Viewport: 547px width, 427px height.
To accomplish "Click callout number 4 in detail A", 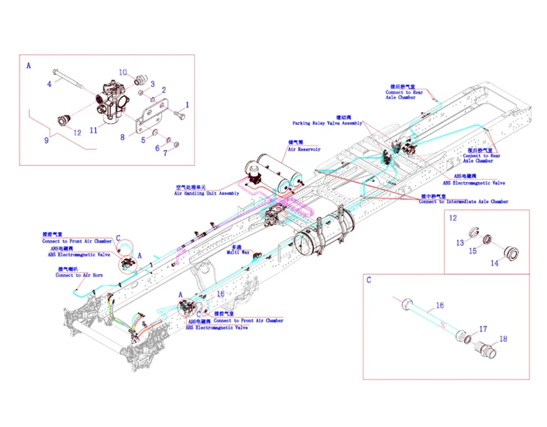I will [x=50, y=84].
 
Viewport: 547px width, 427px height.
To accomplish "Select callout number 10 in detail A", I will [x=123, y=72].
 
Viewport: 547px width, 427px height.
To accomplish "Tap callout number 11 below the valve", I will [x=93, y=130].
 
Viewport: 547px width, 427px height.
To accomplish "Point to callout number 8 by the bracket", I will [x=122, y=137].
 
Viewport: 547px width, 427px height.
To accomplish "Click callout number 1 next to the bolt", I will [x=187, y=105].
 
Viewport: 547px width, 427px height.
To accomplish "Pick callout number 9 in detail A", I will [x=47, y=139].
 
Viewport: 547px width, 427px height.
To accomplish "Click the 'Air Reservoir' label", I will [x=304, y=149].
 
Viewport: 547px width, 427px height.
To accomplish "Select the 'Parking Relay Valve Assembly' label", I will [x=327, y=123].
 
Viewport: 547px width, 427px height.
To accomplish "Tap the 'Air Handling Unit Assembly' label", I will [x=207, y=194].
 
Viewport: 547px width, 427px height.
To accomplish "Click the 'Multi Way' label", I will [x=238, y=252].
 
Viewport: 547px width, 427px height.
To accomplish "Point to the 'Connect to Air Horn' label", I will [x=79, y=275].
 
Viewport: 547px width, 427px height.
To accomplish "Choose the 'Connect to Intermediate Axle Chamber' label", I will [x=463, y=202].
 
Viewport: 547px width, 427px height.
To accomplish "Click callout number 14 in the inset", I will [x=495, y=264].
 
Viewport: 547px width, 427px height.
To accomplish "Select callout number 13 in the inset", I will [x=460, y=243].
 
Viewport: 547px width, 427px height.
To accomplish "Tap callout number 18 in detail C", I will [x=503, y=339].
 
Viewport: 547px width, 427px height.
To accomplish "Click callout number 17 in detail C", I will [x=483, y=329].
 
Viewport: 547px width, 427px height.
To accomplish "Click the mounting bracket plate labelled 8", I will [x=150, y=120].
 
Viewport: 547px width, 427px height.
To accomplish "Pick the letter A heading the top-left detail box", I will [x=28, y=65].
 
